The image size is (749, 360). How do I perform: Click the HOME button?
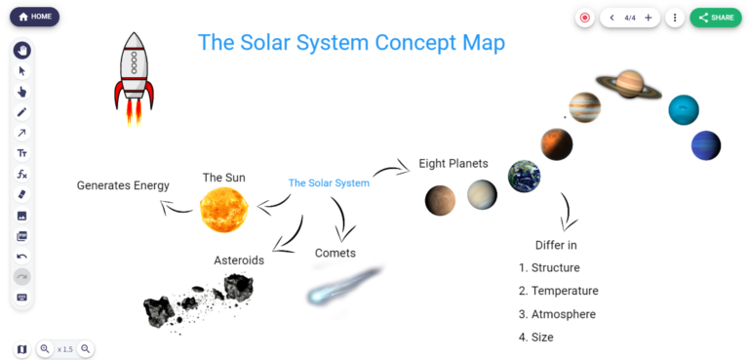point(35,17)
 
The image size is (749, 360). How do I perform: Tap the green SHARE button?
point(715,18)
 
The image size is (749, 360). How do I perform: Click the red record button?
point(584,18)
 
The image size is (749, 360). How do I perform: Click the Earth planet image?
point(524,176)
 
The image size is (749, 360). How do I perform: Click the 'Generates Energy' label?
point(123,185)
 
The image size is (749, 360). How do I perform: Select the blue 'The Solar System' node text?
point(329,183)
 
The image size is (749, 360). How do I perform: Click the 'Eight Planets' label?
point(453,164)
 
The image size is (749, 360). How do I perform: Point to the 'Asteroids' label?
point(239,260)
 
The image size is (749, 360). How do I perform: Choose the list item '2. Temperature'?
point(558,291)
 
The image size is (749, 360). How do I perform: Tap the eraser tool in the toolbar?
point(22,194)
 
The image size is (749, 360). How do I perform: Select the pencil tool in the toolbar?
point(22,112)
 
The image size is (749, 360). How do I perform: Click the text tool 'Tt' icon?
point(22,153)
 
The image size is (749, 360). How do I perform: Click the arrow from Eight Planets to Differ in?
point(567,210)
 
